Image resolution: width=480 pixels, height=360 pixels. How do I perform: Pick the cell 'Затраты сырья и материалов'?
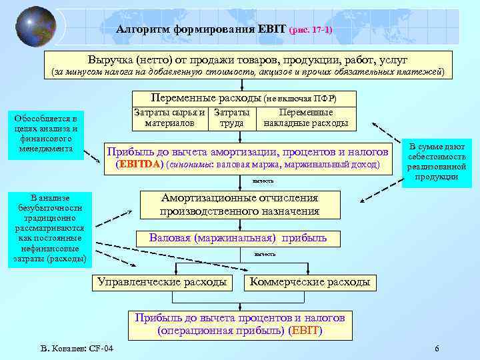click(169, 118)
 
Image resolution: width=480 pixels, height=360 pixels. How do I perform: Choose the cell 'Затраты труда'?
click(231, 118)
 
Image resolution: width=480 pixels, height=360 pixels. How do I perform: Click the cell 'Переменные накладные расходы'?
click(306, 118)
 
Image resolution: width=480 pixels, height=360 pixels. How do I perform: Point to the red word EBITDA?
click(139, 163)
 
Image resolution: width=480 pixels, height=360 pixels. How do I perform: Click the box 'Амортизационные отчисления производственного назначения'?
click(239, 205)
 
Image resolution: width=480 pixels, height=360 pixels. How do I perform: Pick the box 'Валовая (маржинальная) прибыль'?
click(238, 237)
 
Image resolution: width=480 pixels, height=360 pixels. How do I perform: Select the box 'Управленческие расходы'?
click(162, 282)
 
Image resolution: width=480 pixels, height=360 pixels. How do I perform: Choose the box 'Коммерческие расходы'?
click(310, 282)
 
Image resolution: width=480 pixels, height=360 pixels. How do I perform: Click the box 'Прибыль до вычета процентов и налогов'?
click(239, 323)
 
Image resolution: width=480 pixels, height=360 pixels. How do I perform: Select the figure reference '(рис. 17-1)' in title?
click(311, 31)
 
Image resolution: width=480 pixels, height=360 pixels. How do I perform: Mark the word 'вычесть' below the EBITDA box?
click(263, 181)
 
